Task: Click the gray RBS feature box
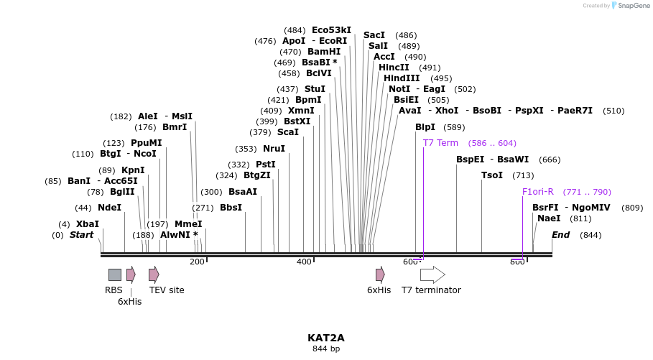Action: pyautogui.click(x=115, y=274)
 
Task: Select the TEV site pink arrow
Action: pyautogui.click(x=154, y=274)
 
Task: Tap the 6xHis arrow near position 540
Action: pyautogui.click(x=380, y=274)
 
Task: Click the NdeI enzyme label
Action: pyautogui.click(x=109, y=208)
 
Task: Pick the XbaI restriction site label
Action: pyautogui.click(x=88, y=224)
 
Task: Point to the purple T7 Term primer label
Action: pyautogui.click(x=440, y=143)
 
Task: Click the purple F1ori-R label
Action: pyautogui.click(x=537, y=192)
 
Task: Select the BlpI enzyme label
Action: pyautogui.click(x=425, y=127)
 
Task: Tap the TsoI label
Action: pyautogui.click(x=492, y=175)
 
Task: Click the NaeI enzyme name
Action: pyautogui.click(x=549, y=218)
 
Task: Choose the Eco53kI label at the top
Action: pyautogui.click(x=331, y=30)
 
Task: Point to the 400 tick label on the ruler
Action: pyautogui.click(x=304, y=262)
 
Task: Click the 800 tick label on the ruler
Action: pyautogui.click(x=517, y=262)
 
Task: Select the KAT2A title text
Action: pyautogui.click(x=326, y=337)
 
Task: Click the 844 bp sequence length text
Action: pyautogui.click(x=326, y=349)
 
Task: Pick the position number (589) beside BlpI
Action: pyautogui.click(x=454, y=127)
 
